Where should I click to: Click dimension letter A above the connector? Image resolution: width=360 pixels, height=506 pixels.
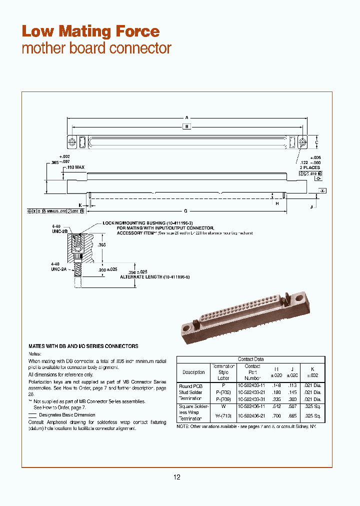point(186,118)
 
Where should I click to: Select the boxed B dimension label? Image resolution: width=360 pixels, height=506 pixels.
point(186,127)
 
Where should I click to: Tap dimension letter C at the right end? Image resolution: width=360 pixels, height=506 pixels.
point(317,142)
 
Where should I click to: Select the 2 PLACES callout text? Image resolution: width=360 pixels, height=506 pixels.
point(308,168)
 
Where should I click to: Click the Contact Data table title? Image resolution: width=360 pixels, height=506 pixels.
point(251,359)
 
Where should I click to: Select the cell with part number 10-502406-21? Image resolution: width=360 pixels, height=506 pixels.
point(252,416)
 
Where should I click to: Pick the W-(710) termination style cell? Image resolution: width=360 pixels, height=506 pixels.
point(223,416)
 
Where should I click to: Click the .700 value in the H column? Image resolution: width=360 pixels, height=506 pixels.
point(276,416)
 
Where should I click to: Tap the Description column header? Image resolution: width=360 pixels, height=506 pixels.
point(193,372)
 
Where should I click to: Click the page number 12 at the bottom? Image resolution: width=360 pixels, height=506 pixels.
point(176,477)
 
